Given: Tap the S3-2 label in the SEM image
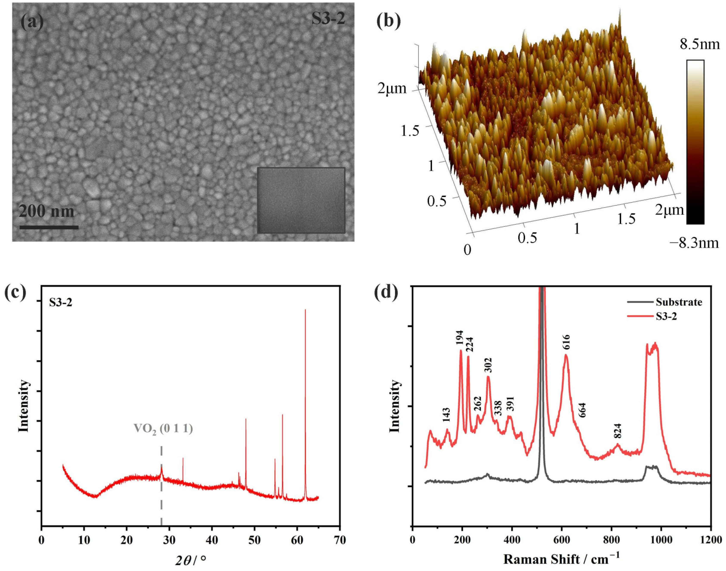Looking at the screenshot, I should (328, 19).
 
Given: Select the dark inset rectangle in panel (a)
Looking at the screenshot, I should (301, 200).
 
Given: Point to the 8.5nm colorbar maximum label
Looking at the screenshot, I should (700, 44).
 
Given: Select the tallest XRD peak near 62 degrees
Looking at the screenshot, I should (305, 401).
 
